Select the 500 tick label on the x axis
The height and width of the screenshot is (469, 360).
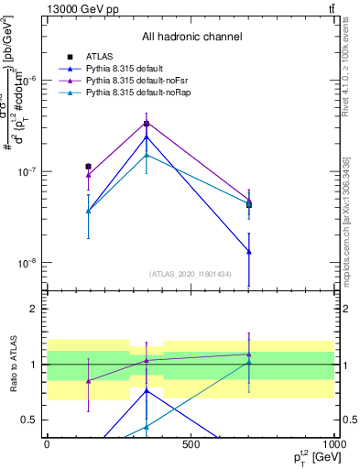point(191,444)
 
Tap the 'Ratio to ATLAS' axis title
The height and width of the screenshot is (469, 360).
point(13,365)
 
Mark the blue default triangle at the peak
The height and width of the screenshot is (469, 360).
point(147,137)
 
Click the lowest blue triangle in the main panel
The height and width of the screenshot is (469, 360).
point(249,252)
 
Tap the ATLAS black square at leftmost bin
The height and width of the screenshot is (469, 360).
point(88,167)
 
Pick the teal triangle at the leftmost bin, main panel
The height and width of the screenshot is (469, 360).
point(88,211)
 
